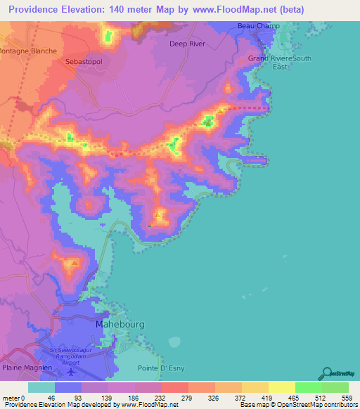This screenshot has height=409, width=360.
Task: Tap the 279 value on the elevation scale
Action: pyautogui.click(x=188, y=398)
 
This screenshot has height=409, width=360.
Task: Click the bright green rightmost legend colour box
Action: pyautogui.click(x=335, y=387)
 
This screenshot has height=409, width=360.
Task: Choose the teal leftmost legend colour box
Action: pyautogui.click(x=41, y=387)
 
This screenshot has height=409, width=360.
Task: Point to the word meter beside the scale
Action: pyautogui.click(x=12, y=398)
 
